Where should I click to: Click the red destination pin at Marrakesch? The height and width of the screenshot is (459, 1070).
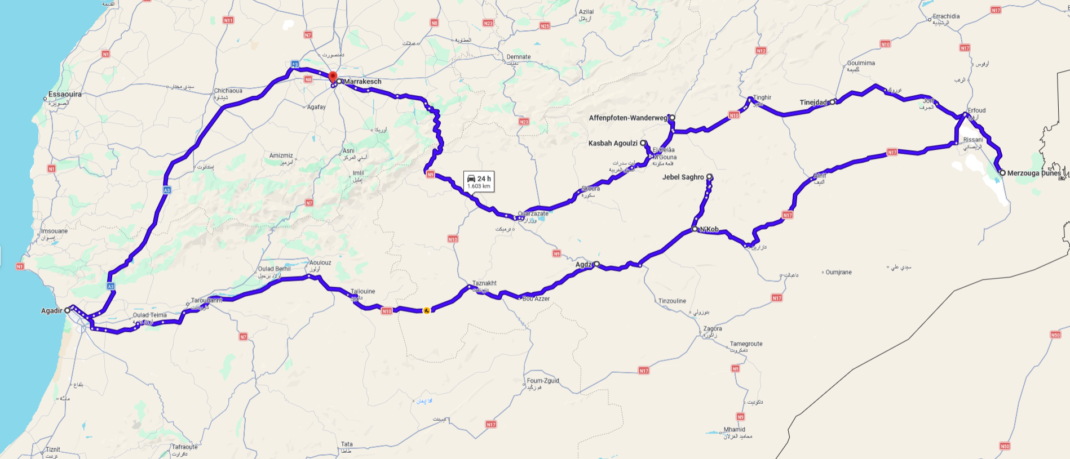click(x=333, y=77)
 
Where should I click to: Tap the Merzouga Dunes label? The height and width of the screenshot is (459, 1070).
click(x=1033, y=173)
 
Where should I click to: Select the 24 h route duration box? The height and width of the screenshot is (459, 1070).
click(x=479, y=181)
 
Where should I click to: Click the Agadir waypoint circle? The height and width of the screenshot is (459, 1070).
click(x=68, y=310)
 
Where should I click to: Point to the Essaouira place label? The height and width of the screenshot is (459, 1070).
click(x=65, y=94)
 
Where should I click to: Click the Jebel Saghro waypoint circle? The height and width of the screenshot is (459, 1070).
click(x=709, y=177)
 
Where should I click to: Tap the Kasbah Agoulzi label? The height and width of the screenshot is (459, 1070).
click(x=613, y=143)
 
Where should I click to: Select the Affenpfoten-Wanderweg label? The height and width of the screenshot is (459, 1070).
click(x=628, y=118)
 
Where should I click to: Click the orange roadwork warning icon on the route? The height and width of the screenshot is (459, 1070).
click(x=427, y=310)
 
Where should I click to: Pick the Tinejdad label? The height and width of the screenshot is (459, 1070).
click(x=813, y=103)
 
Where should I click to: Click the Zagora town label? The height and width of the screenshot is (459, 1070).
click(x=713, y=328)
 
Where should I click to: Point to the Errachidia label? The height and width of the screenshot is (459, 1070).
click(x=946, y=16)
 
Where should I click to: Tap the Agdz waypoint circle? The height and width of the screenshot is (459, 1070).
click(x=596, y=264)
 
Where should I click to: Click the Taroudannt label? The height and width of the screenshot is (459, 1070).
click(x=207, y=300)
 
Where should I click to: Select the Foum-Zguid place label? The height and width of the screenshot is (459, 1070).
click(x=543, y=381)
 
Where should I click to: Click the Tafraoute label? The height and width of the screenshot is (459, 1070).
click(x=185, y=447)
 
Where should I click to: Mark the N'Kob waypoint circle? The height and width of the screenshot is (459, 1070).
click(x=695, y=229)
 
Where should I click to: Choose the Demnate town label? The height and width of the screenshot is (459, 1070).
click(x=518, y=57)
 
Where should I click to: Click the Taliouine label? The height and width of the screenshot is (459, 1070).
click(x=362, y=291)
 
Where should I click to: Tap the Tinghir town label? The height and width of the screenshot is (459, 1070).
click(x=762, y=97)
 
